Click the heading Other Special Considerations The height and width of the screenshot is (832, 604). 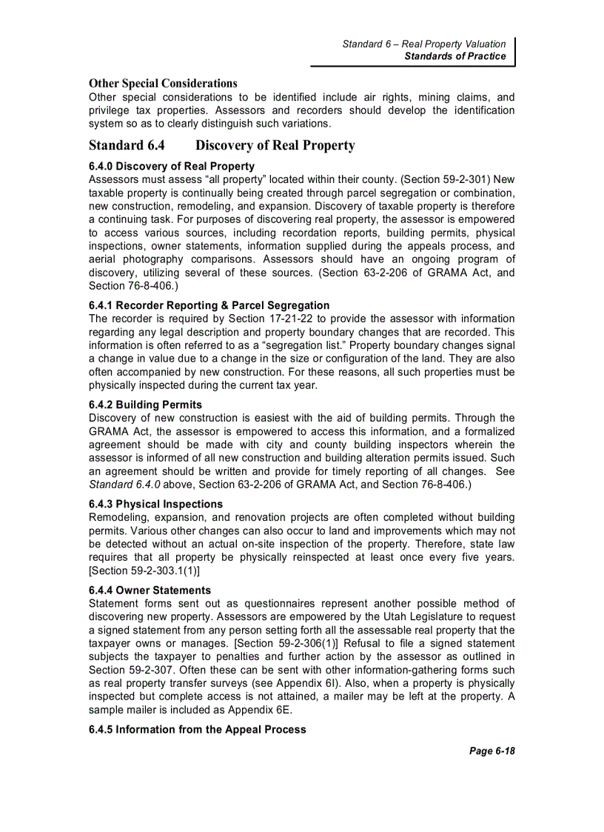pyautogui.click(x=163, y=83)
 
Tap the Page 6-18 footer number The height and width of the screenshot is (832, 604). pyautogui.click(x=491, y=751)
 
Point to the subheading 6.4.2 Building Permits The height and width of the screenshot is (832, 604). pyautogui.click(x=145, y=405)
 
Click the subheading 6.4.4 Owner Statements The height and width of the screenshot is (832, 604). pyautogui.click(x=150, y=590)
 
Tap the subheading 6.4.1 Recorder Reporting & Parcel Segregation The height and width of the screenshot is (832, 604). pyautogui.click(x=209, y=305)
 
